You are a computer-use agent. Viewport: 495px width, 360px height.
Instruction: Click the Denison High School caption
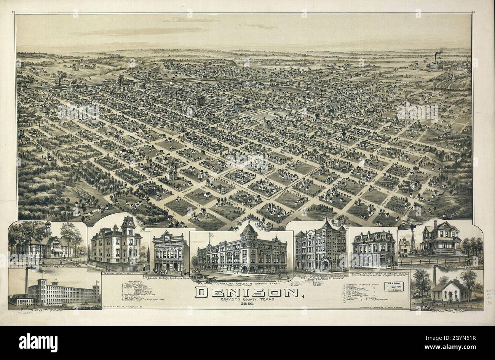tap(118, 274)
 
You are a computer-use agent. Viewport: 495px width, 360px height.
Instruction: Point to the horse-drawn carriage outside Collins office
tap(156, 270)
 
